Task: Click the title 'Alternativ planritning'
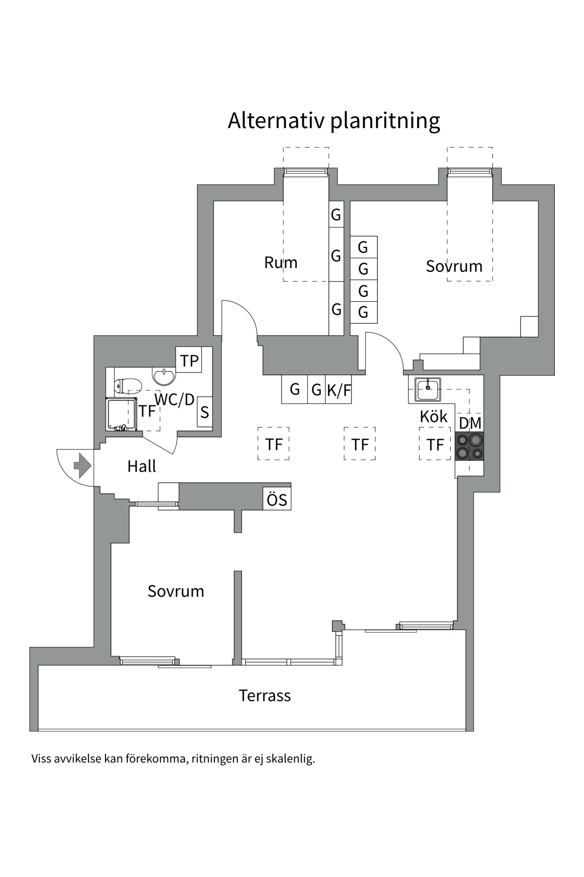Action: point(334,121)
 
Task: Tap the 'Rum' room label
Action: point(281,263)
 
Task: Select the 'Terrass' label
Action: point(265,696)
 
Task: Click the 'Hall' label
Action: point(141,466)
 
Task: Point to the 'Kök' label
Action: point(433,416)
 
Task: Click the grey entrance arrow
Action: point(83,465)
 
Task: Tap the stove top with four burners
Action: point(469,446)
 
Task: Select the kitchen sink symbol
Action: point(428,389)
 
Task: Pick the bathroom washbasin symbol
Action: point(163,376)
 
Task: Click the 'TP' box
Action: point(189,360)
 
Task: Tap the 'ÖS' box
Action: point(277,499)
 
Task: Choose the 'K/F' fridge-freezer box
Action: point(339,390)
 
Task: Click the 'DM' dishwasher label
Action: point(470,423)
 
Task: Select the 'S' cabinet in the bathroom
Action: point(204,412)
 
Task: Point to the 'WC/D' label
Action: point(175,399)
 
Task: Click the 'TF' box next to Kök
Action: point(435,444)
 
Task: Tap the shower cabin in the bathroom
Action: point(122,414)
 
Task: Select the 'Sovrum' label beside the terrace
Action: point(176,591)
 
